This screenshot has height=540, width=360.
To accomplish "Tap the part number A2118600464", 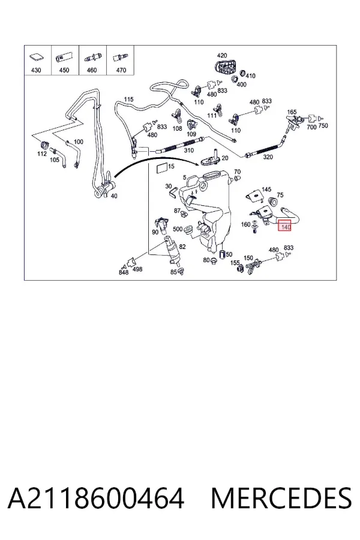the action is [96, 499].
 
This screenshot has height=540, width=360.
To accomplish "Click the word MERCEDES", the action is [281, 499].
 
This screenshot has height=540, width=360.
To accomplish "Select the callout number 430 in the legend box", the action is [36, 70].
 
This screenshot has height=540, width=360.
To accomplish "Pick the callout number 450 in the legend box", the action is [64, 70].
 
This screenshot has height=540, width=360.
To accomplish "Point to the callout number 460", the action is [92, 70].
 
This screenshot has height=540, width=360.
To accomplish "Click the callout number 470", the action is [121, 70].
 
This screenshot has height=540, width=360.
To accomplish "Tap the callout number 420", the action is [222, 55].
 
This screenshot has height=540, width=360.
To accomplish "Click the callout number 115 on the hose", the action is [128, 100].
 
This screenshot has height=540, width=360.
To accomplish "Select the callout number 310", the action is [189, 151].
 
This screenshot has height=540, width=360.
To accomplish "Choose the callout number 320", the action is [268, 157].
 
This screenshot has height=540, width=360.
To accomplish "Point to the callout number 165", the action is [292, 112].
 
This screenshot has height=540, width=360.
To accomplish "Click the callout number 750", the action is [323, 126].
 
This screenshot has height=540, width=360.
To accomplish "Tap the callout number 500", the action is [178, 229].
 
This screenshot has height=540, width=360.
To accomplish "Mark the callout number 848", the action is [124, 272].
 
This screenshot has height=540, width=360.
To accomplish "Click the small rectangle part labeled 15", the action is [161, 169].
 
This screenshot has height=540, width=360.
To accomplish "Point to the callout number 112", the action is [42, 154].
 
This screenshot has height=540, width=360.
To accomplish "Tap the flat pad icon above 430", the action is [37, 58].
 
